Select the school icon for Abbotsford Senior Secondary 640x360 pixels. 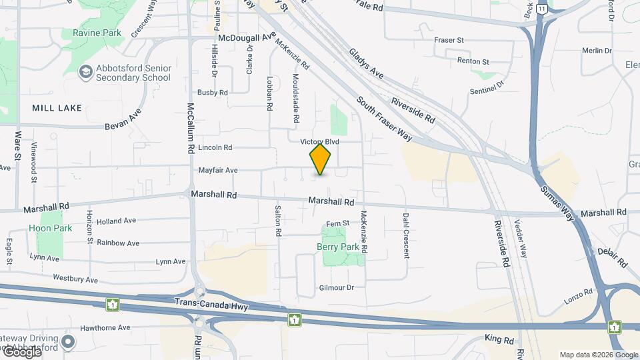coord(85,71)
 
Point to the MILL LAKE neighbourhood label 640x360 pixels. coord(57,108)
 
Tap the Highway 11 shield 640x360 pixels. coord(544,9)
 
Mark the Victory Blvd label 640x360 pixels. coord(320,142)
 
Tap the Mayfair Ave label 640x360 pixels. coord(218,171)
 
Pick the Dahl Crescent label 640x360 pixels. coord(405,235)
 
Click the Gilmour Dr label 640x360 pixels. coord(336,287)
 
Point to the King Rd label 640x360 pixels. coord(499,340)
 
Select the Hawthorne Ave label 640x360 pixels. coord(105,327)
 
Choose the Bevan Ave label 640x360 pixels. coord(124,119)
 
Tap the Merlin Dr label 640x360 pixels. coord(597,51)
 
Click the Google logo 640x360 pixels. coord(23,351)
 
